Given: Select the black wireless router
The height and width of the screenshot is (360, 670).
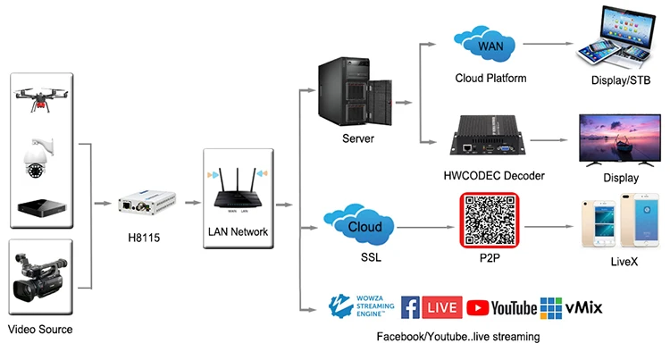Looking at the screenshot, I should [237, 190].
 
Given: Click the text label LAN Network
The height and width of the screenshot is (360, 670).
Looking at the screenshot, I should [238, 231].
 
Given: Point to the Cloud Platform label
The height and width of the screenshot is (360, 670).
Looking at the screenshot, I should [490, 78].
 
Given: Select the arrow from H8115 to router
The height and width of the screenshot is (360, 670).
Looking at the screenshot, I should [192, 205].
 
